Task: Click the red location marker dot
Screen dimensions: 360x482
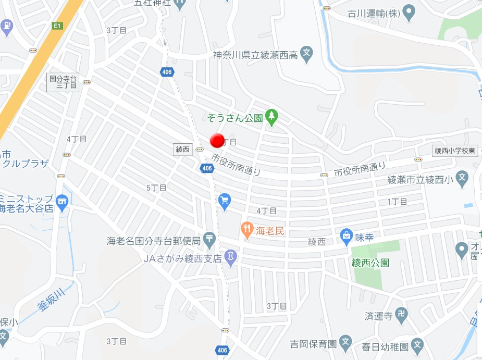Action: [x=217, y=140]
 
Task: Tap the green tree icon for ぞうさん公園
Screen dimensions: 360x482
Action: [x=271, y=117]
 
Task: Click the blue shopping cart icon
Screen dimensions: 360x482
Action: [x=225, y=200]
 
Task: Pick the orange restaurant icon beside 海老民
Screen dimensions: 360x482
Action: [x=246, y=229]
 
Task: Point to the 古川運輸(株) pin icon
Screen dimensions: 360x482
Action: [x=410, y=12]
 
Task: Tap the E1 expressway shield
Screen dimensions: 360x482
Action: [x=57, y=26]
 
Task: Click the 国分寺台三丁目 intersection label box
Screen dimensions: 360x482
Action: [x=63, y=83]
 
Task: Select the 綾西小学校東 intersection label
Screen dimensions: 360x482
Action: [x=455, y=151]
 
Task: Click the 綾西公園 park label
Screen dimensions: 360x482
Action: [x=370, y=263]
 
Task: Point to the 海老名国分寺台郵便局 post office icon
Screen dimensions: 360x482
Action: [x=209, y=240]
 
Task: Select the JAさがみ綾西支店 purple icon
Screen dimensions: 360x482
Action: [x=230, y=257]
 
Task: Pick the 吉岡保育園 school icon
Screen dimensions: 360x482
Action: [x=345, y=342]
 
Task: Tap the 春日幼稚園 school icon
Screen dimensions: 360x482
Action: [x=417, y=344]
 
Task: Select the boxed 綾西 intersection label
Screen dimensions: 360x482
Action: [x=182, y=150]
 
